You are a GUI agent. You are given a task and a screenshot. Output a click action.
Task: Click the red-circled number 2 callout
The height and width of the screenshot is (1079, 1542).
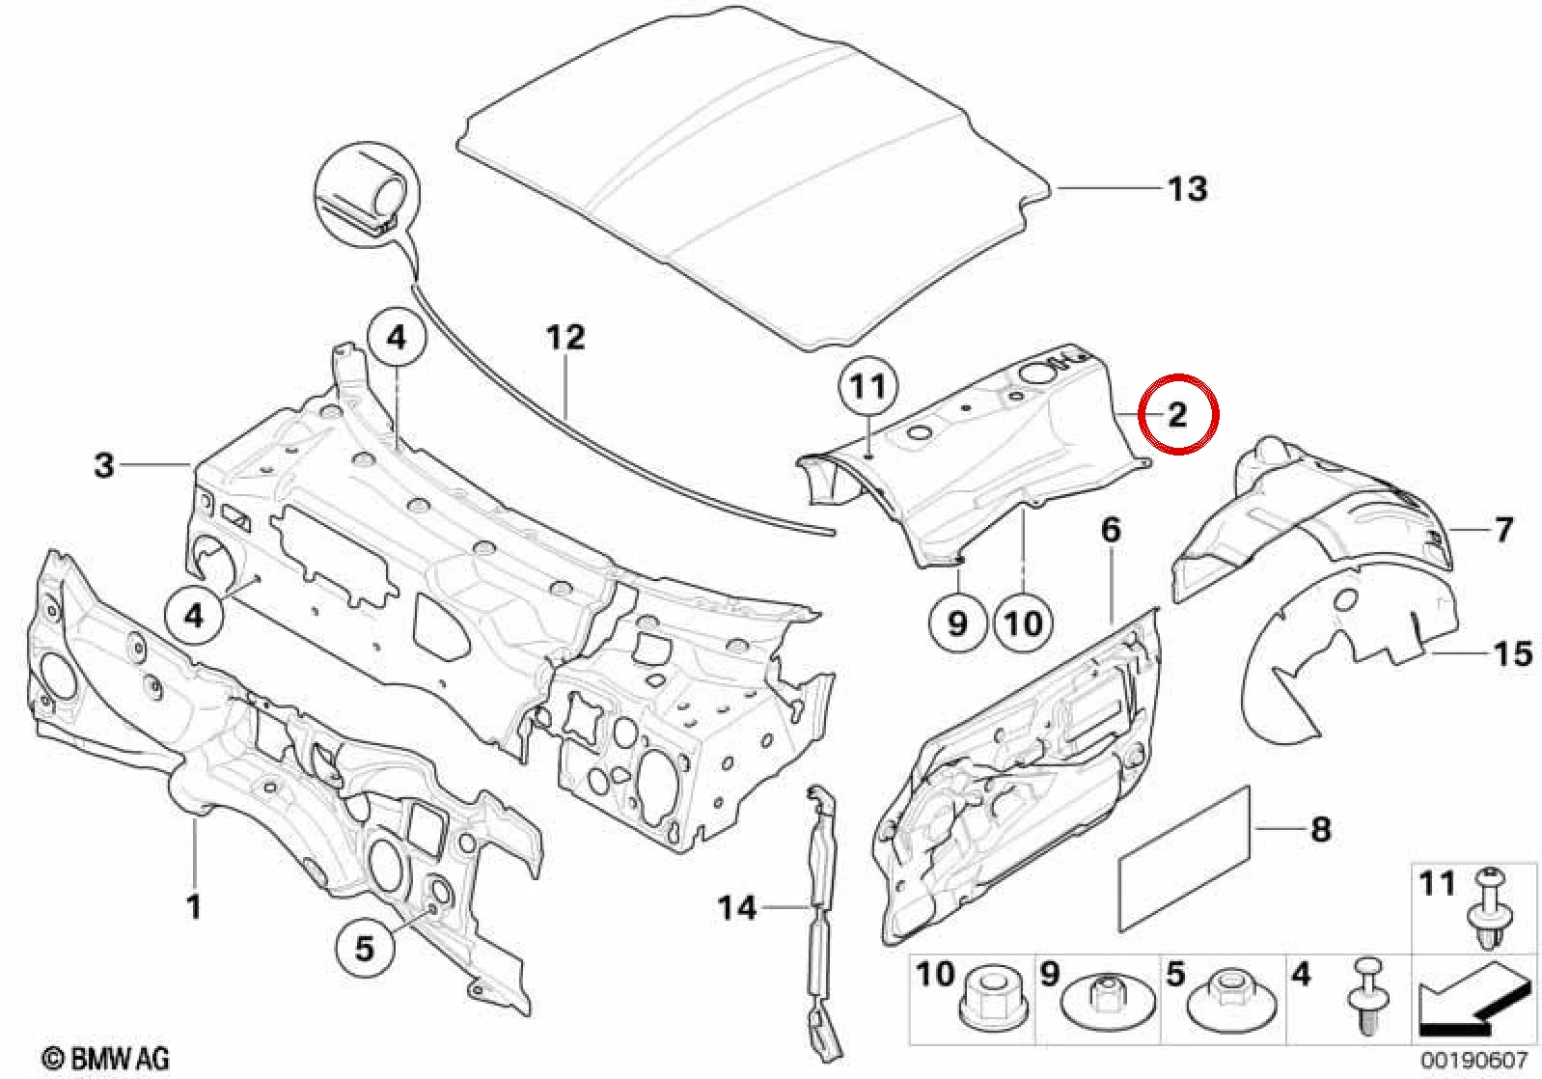tap(1178, 415)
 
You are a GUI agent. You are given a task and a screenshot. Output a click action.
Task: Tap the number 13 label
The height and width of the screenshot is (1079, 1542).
tap(1188, 188)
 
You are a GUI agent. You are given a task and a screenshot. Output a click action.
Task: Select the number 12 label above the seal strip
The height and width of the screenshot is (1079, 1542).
tap(565, 338)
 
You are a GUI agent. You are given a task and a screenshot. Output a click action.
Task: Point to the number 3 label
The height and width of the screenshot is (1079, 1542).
tap(104, 465)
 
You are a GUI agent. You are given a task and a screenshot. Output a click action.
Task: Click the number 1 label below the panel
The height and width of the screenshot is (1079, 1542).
tap(194, 906)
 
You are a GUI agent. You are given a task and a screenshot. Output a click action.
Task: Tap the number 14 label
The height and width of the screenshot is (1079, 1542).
tap(737, 908)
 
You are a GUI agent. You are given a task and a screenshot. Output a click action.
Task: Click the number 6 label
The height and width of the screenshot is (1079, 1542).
tap(1111, 530)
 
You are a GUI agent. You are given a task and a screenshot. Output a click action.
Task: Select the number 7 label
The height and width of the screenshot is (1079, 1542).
tap(1504, 530)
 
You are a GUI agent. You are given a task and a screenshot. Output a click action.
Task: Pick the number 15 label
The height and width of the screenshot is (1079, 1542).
tap(1513, 653)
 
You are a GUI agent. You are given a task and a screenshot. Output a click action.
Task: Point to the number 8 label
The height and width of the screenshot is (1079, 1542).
tap(1320, 829)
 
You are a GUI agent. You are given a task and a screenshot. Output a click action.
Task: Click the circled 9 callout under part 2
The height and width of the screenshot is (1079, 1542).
tap(958, 623)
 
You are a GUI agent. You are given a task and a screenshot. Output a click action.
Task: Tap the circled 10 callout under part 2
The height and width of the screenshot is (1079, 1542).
tap(1024, 623)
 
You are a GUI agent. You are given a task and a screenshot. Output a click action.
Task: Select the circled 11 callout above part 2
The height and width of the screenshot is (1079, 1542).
tap(868, 388)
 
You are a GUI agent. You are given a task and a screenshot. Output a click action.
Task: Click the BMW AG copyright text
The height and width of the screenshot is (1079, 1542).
tap(107, 1059)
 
